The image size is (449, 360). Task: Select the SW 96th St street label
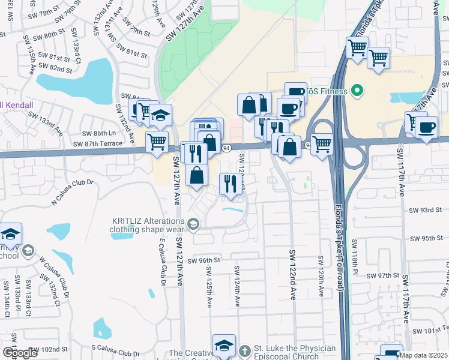pyautogui.click(x=203, y=260)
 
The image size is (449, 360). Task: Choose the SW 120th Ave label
pyautogui.click(x=321, y=276)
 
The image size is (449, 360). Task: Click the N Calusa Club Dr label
pyautogui.click(x=73, y=189)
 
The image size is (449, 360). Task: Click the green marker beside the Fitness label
pyautogui.click(x=358, y=92)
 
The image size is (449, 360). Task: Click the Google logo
pyautogui.click(x=20, y=352)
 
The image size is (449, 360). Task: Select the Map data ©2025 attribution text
pyautogui.click(x=423, y=355)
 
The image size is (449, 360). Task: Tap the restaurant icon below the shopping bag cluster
pyautogui.click(x=231, y=184)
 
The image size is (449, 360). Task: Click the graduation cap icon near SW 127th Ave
pyautogui.click(x=160, y=114)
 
